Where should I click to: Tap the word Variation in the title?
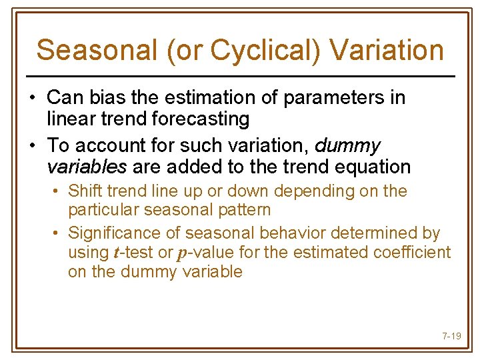point(387,50)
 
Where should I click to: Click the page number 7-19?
point(451,336)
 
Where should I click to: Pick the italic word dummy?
point(347,145)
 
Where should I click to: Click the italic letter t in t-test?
point(118,253)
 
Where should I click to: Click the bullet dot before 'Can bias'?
point(32,99)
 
